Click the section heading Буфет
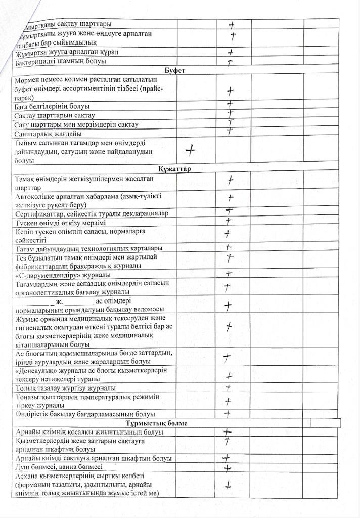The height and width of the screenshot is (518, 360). (x=174, y=71)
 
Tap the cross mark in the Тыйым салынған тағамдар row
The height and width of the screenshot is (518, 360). (x=191, y=150)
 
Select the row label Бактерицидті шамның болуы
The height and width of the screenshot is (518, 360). (x=61, y=62)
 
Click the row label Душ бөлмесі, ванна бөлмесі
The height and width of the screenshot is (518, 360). (x=59, y=467)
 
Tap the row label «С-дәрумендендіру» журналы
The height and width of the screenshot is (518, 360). (x=63, y=275)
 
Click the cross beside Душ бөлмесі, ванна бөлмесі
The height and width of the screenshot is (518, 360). (x=228, y=468)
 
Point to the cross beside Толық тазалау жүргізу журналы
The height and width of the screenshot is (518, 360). (x=228, y=387)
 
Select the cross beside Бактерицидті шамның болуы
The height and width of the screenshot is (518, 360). (x=230, y=62)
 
